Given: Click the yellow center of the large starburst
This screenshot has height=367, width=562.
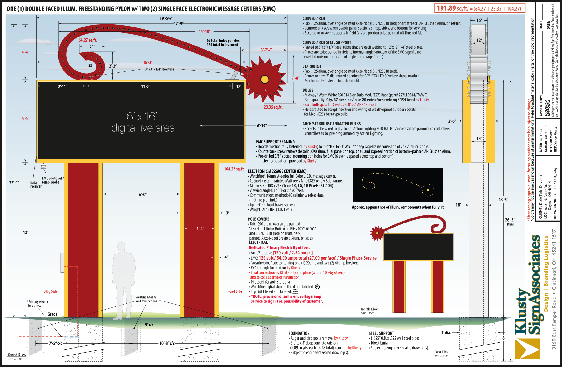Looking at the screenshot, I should click(264, 79).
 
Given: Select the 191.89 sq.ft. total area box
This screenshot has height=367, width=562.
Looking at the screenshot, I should click(480, 8).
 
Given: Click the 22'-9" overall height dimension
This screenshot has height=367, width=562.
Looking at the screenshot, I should click(14, 183).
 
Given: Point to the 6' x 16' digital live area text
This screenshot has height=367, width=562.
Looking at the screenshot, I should click(143, 122).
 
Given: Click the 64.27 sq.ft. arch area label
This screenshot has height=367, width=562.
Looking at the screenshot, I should click(88, 40).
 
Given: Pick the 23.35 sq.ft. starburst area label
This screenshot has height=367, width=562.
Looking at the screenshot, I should click(273, 107).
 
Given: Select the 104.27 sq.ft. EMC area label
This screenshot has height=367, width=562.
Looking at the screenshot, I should click(234, 169).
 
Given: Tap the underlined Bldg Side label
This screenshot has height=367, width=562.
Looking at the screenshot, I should click(50, 291).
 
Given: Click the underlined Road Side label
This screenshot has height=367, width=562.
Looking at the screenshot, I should click(234, 291).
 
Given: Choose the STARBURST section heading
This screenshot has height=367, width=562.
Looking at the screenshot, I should click(312, 66).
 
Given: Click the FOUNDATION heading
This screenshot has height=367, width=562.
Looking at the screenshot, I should click(299, 333).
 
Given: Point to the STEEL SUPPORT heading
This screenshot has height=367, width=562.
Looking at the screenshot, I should click(381, 333).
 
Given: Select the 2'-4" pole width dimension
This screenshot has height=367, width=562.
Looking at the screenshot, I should click(200, 228).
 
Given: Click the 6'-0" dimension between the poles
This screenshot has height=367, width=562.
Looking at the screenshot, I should click(143, 194).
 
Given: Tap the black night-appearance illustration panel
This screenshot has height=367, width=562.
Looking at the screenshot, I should click(398, 185).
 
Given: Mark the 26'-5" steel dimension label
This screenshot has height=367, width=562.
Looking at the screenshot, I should click(510, 222).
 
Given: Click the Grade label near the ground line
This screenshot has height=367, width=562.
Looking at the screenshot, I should click(52, 314).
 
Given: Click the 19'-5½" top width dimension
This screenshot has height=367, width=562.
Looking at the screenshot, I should click(166, 18).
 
